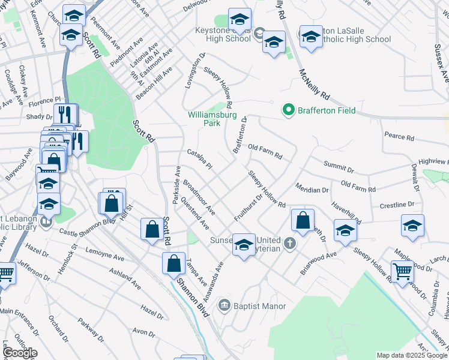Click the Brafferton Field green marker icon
click(288, 110)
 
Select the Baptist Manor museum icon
click(225, 305)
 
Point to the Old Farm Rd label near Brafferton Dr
click(265, 152)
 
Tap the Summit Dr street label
click(339, 164)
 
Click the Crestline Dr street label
click(396, 205)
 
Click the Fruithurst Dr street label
click(249, 207)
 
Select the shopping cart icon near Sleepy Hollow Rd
click(402, 271)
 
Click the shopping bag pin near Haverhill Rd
click(303, 220)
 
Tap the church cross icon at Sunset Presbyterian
click(290, 243)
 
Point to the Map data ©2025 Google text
click(411, 355)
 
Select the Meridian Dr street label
click(312, 188)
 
